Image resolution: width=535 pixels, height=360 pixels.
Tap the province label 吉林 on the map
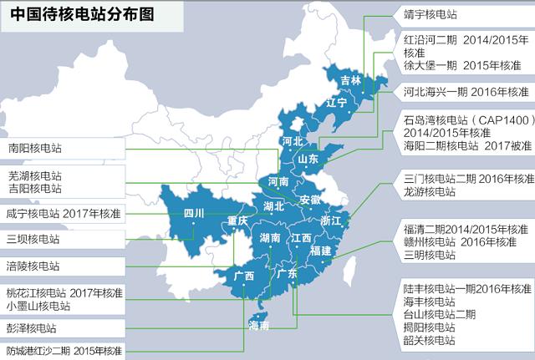click(351, 81)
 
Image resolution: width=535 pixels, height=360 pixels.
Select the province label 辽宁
click(336, 103)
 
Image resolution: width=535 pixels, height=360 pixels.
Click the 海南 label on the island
click(258, 325)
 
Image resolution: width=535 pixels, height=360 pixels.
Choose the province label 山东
click(308, 159)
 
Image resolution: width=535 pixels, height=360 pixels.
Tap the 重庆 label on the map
click(238, 221)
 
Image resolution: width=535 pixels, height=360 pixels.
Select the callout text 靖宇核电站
click(431, 14)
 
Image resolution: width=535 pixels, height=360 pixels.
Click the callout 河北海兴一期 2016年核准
click(466, 90)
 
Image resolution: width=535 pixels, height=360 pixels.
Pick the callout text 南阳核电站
click(34, 148)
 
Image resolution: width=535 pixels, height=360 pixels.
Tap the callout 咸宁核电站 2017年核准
click(64, 214)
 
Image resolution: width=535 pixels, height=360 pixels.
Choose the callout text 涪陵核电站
click(34, 266)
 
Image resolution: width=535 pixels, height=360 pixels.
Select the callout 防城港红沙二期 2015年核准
click(64, 350)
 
